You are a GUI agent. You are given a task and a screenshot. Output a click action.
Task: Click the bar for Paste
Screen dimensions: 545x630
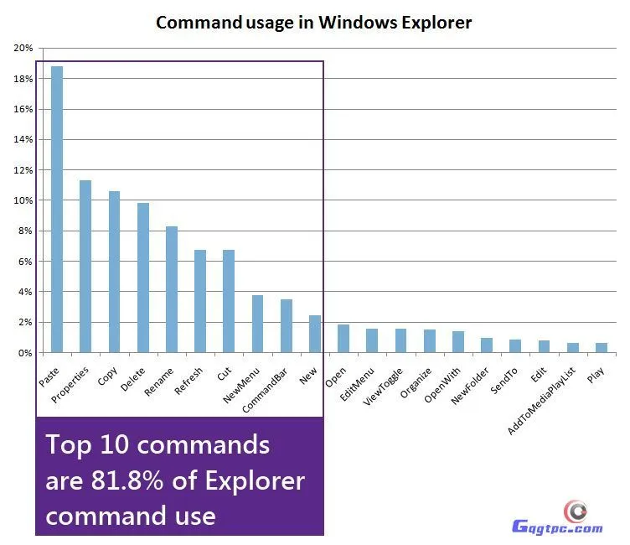coord(57,210)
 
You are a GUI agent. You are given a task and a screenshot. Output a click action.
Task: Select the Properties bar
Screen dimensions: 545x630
coord(85,267)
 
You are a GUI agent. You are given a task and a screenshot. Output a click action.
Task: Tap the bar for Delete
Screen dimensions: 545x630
coord(142,278)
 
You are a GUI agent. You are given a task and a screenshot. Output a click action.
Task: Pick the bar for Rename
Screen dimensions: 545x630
coord(172,289)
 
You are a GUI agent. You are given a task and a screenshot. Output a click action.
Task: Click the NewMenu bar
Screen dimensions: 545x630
coord(257,324)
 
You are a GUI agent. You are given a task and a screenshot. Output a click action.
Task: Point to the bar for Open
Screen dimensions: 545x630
coord(343,339)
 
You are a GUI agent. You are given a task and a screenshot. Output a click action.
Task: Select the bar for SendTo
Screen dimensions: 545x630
coord(515,346)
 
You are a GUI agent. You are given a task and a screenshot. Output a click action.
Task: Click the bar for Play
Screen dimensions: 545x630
coord(601,348)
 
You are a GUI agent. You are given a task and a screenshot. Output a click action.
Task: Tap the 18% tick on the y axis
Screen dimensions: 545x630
coord(23,79)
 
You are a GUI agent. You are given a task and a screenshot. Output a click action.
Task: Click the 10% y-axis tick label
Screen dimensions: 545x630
coord(23,200)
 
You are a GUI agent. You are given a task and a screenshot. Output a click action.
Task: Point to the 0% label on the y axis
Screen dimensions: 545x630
coord(25,353)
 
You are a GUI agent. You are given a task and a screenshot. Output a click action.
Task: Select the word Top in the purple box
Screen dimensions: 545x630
coord(67,444)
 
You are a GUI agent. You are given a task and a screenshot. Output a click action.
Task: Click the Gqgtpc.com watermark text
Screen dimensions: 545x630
coord(557,527)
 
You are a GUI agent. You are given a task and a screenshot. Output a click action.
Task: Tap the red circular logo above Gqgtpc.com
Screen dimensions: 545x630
coord(575,510)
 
